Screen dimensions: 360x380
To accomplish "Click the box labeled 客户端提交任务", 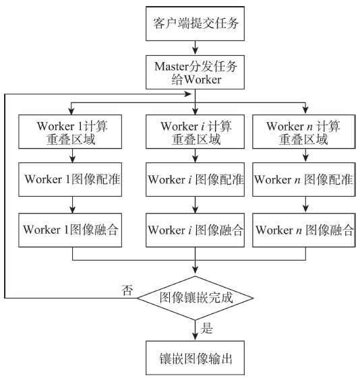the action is [195, 24].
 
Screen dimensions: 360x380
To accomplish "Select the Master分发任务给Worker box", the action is [195, 72].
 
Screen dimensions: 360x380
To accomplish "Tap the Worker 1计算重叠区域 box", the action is [70, 131].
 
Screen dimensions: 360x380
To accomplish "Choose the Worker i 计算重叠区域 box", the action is [195, 131].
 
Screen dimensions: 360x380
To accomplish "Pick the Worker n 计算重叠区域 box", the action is [304, 131].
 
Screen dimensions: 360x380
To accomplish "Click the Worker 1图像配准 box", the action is [70, 179].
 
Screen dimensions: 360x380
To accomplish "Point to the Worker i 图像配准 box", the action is [195, 179].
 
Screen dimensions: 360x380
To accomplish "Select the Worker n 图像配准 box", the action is [304, 179].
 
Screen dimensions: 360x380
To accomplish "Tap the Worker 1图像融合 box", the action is [70, 230].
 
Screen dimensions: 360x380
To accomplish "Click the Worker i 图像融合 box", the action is [195, 230].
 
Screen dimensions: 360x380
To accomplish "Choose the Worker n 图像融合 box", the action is [304, 230].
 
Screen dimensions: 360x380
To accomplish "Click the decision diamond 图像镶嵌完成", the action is [195, 298].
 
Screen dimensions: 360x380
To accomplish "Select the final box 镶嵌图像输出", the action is [195, 358].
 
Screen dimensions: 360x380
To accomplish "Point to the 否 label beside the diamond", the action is [127, 290].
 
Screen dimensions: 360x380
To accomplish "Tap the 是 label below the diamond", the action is [206, 329].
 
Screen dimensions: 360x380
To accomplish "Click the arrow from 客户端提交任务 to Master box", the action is [195, 48].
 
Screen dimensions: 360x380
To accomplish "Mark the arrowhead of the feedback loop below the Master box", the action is [188, 94].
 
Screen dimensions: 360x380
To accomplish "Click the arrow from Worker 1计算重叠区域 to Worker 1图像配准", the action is [73, 156].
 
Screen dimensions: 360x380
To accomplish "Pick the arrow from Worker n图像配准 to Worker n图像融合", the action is [305, 205].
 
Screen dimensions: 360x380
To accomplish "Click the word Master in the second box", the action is [171, 67].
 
